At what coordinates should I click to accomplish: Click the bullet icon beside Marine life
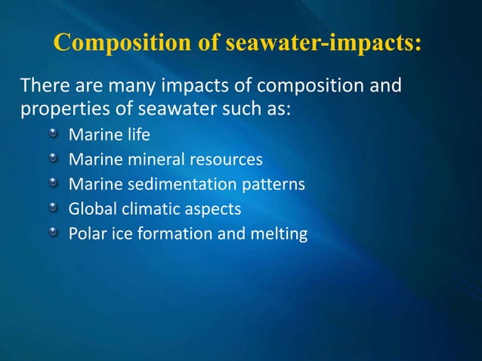tap(54, 135)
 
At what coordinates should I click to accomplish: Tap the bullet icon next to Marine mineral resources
tap(54, 159)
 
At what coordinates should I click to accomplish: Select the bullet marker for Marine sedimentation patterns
tap(54, 184)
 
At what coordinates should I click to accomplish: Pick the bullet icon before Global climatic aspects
tap(54, 208)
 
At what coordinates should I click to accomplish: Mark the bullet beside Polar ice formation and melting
tap(54, 232)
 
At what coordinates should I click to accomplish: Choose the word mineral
tap(149, 160)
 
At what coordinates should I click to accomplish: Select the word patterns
tap(277, 184)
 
